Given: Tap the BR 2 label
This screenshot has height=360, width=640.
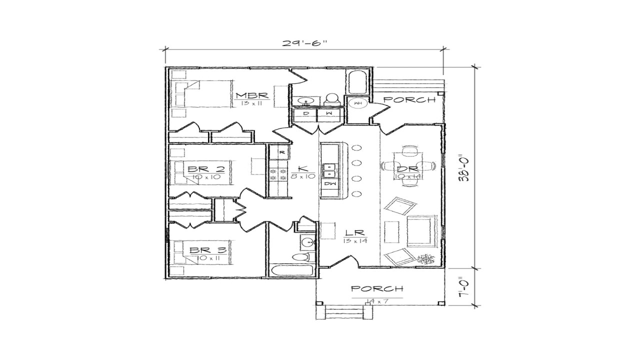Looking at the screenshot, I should point(205,169).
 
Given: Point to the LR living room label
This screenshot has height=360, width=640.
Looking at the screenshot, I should point(355,233).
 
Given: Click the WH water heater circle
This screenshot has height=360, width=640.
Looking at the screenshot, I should point(357,103).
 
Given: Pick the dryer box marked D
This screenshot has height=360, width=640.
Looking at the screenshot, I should point(307,114).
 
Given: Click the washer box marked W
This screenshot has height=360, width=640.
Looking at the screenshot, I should point(329,114).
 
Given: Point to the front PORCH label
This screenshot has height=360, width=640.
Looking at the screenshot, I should point(377,288).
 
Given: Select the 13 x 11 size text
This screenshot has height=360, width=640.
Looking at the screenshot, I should point(251,103).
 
